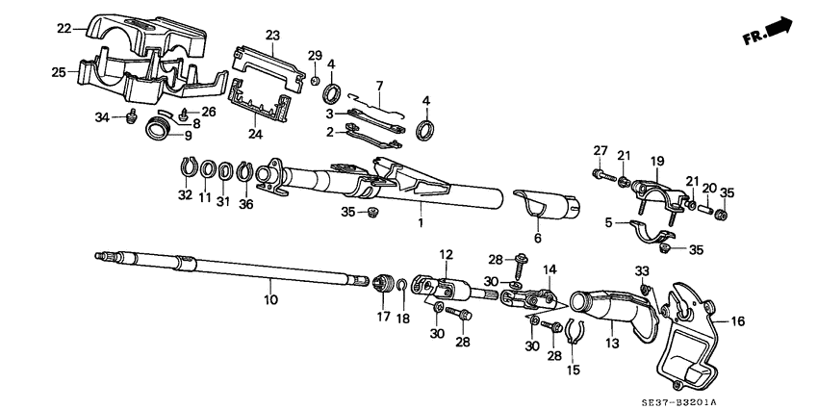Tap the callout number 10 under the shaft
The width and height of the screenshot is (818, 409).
coord(270,300)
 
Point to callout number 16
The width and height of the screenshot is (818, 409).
coord(738,321)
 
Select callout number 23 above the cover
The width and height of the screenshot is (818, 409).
coord(272,36)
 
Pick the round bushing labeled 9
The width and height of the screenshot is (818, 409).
coord(158,129)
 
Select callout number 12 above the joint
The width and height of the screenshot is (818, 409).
coord(446,254)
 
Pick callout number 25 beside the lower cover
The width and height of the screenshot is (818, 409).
coord(58,72)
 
